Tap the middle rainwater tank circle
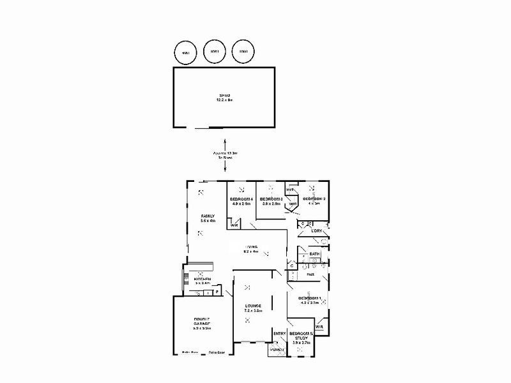pyautogui.click(x=213, y=52)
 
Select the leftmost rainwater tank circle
pyautogui.click(x=185, y=52)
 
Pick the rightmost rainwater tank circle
pyautogui.click(x=243, y=52)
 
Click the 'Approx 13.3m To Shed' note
pyautogui.click(x=225, y=155)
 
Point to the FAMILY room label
pyautogui.click(x=208, y=218)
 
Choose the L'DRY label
pyautogui.click(x=316, y=231)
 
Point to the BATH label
pyautogui.click(x=314, y=254)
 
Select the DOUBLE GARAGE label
pyautogui.click(x=202, y=323)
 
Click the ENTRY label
pyautogui.click(x=279, y=333)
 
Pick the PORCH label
pyautogui.click(x=277, y=350)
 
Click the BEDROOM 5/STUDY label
pyautogui.click(x=301, y=338)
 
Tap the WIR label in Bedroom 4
pyautogui.click(x=234, y=225)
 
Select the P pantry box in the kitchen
pyautogui.click(x=217, y=292)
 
